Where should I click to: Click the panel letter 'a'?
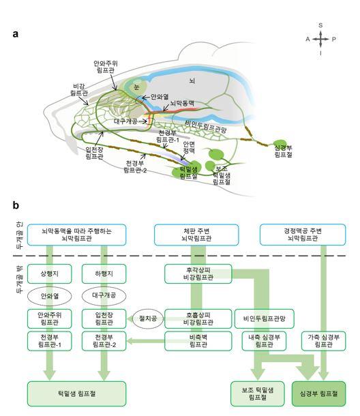click(x=16, y=34)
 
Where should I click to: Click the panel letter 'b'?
click(x=16, y=205)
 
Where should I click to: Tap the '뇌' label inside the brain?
click(x=192, y=80)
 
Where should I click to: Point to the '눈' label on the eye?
click(x=136, y=87)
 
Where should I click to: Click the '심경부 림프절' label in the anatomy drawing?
click(x=284, y=151)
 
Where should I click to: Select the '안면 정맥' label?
click(x=189, y=147)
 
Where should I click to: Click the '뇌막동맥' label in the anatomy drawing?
click(x=182, y=103)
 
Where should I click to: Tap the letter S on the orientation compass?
click(x=320, y=25)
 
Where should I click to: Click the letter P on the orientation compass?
click(x=333, y=40)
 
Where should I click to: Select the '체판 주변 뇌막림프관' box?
click(x=196, y=235)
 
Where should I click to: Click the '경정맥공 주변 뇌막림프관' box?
click(x=303, y=235)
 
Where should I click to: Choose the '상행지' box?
click(x=50, y=273)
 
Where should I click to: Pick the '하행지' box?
click(x=104, y=273)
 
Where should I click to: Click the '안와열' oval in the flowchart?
click(x=50, y=296)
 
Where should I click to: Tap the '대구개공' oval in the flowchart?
click(x=104, y=295)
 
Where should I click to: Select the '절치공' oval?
click(x=148, y=318)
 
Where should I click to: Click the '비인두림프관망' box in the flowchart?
click(x=265, y=318)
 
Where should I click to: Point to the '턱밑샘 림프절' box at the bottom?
click(x=76, y=393)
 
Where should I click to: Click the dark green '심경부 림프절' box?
click(x=318, y=393)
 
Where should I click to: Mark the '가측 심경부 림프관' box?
click(x=324, y=341)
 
